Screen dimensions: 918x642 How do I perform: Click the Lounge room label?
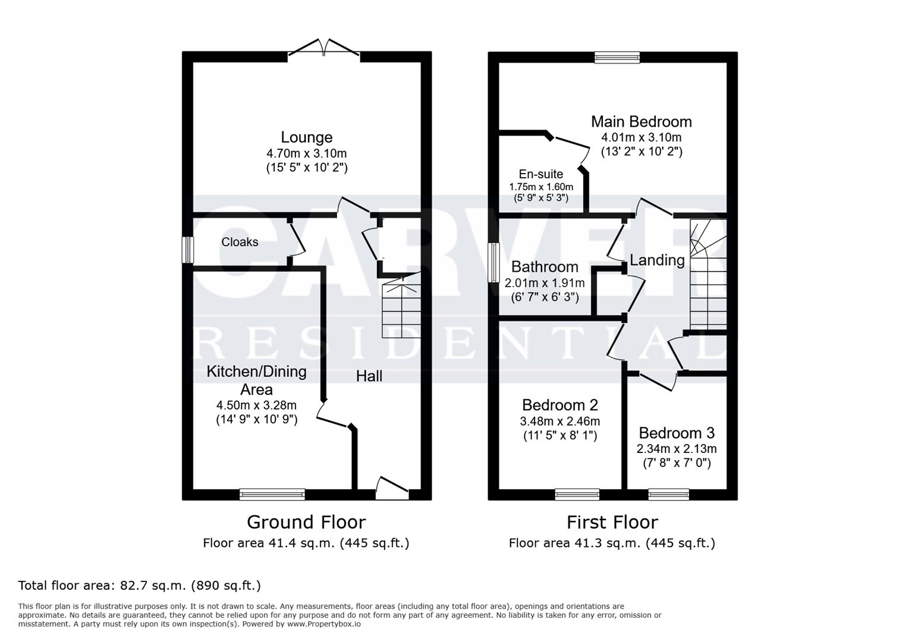tap(307, 137)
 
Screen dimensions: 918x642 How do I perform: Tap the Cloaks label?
tap(240, 242)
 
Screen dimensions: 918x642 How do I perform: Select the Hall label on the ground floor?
tap(369, 376)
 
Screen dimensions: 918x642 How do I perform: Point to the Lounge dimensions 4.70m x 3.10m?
tap(307, 153)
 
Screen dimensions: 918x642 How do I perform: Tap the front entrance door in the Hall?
tap(392, 488)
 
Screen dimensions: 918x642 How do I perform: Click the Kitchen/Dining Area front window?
tap(272, 495)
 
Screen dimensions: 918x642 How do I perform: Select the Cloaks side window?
tap(188, 250)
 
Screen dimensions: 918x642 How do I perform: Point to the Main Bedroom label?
tap(642, 122)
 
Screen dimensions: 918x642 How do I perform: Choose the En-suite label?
tap(541, 174)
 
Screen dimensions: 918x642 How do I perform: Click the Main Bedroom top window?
tap(617, 57)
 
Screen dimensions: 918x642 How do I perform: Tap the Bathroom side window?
tap(493, 263)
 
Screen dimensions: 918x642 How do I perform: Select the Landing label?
tap(657, 260)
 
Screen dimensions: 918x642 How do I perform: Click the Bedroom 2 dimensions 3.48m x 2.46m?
tap(560, 421)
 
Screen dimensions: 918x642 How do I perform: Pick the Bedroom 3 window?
tap(668, 495)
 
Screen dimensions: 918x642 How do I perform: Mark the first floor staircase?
tap(708, 274)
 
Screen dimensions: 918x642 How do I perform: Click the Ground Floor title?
tap(306, 523)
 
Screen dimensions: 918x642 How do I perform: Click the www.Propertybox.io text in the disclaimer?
tap(324, 624)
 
